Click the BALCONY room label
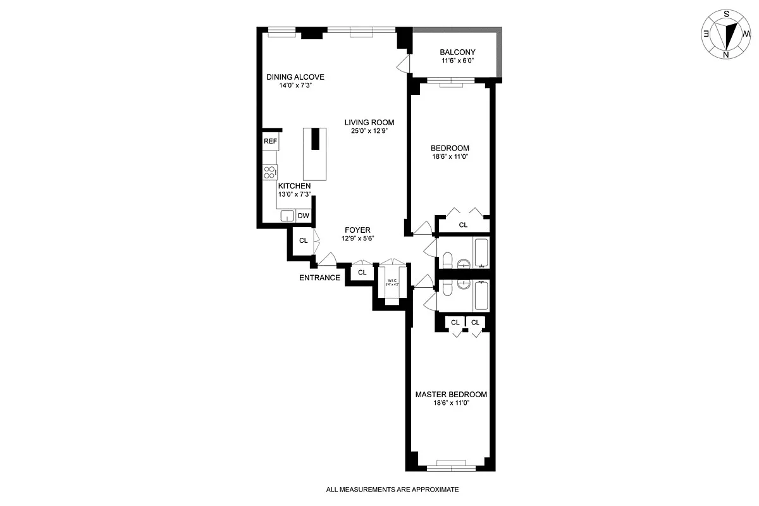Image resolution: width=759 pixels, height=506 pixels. [x=457, y=52]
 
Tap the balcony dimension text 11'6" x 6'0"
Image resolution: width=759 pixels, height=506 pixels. [x=457, y=61]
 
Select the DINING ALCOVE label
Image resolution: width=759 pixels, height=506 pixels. [x=295, y=77]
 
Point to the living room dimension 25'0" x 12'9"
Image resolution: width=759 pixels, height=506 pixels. [x=369, y=132]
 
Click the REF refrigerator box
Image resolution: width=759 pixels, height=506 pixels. [x=270, y=142]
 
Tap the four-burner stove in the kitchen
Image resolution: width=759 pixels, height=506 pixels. [x=270, y=172]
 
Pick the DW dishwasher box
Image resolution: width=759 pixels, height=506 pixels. [x=304, y=216]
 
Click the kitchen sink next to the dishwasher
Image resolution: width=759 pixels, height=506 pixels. [x=288, y=216]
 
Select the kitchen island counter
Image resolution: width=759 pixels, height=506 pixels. [x=315, y=154]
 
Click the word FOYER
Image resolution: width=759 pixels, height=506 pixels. [x=357, y=230]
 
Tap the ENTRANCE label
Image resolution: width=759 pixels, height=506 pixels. [x=319, y=278]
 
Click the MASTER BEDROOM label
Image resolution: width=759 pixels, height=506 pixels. [x=451, y=394]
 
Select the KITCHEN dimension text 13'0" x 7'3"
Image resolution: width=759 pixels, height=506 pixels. [x=294, y=195]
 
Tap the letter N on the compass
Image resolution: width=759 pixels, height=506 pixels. [x=726, y=54]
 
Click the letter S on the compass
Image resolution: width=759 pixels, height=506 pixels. [x=727, y=14]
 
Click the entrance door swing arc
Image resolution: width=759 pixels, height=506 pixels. [x=327, y=259]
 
